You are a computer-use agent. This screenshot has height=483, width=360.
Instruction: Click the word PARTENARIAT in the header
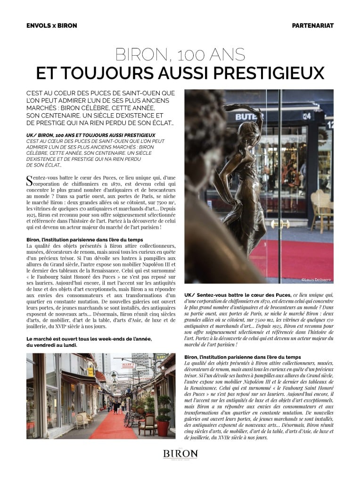(312, 25)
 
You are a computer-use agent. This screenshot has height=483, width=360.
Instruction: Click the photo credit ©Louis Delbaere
(316, 280)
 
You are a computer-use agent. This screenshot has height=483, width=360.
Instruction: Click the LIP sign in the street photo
(159, 357)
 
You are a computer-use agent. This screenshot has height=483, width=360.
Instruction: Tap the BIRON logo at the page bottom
(180, 454)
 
